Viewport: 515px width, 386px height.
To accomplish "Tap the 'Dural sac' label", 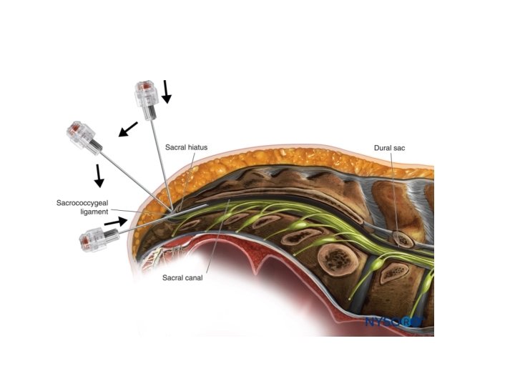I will pyautogui.click(x=391, y=148).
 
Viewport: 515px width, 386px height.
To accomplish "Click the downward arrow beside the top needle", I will pyautogui.click(x=167, y=91).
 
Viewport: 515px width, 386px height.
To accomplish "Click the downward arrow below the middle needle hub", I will pyautogui.click(x=99, y=175).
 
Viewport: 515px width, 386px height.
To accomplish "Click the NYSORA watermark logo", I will pyautogui.click(x=393, y=322).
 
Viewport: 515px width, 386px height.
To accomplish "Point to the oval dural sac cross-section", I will pyautogui.click(x=404, y=238).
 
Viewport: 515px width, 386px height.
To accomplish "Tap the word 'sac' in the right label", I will pyautogui.click(x=401, y=148).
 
